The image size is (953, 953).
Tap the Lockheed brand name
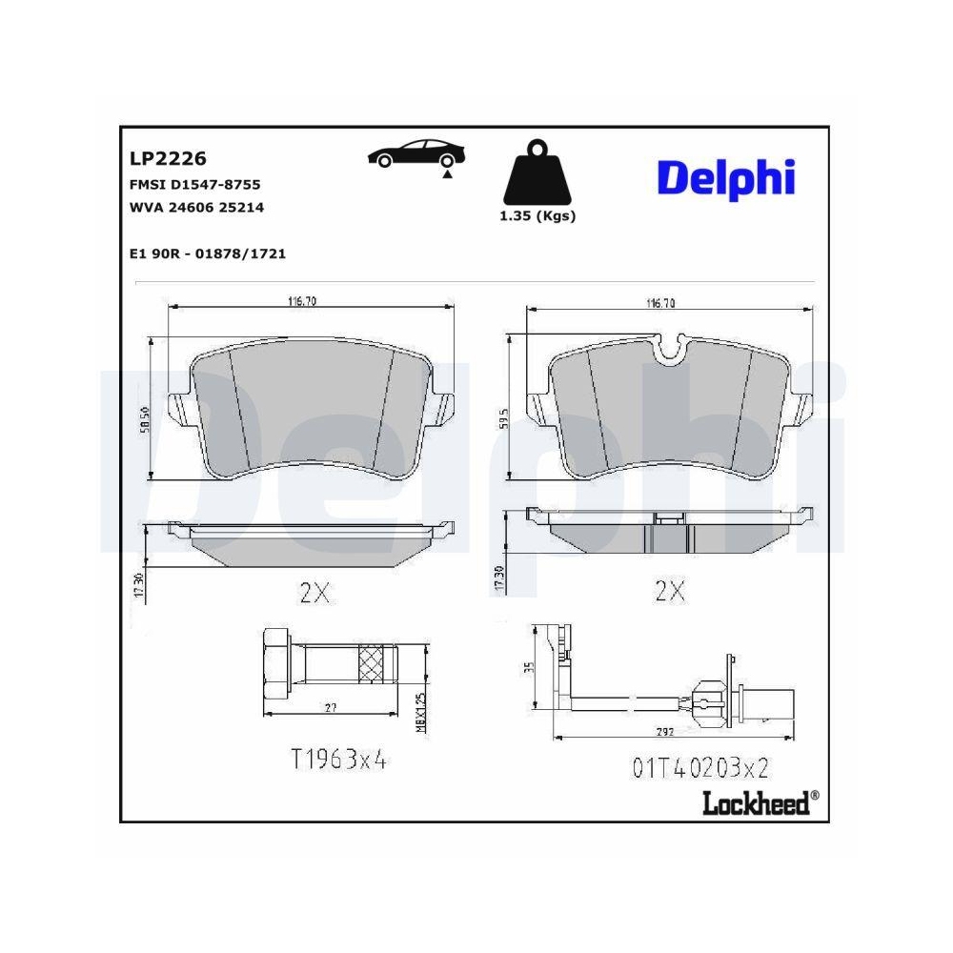(757, 802)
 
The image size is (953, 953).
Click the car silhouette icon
(418, 154)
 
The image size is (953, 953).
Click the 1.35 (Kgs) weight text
(537, 216)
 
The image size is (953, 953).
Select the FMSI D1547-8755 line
(194, 184)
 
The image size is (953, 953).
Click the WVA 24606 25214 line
(195, 207)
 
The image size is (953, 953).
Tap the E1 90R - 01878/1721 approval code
(207, 253)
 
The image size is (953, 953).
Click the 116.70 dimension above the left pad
(302, 301)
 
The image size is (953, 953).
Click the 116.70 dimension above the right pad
(660, 303)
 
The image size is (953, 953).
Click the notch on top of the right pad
(673, 350)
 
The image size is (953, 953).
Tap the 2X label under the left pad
(314, 593)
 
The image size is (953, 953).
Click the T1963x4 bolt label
(339, 759)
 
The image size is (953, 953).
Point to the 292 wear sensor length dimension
(664, 732)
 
